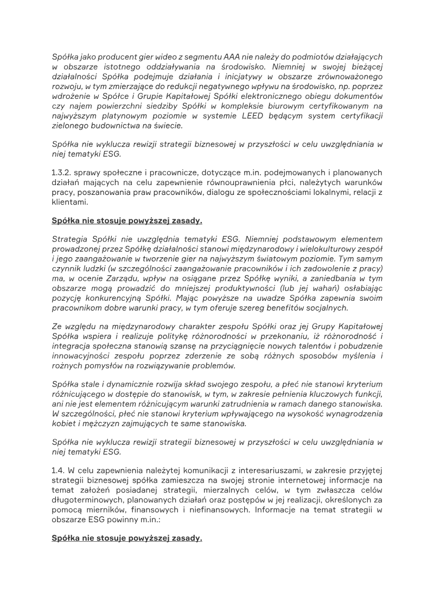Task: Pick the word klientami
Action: (x=70, y=201)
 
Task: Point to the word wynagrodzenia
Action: (x=350, y=414)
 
